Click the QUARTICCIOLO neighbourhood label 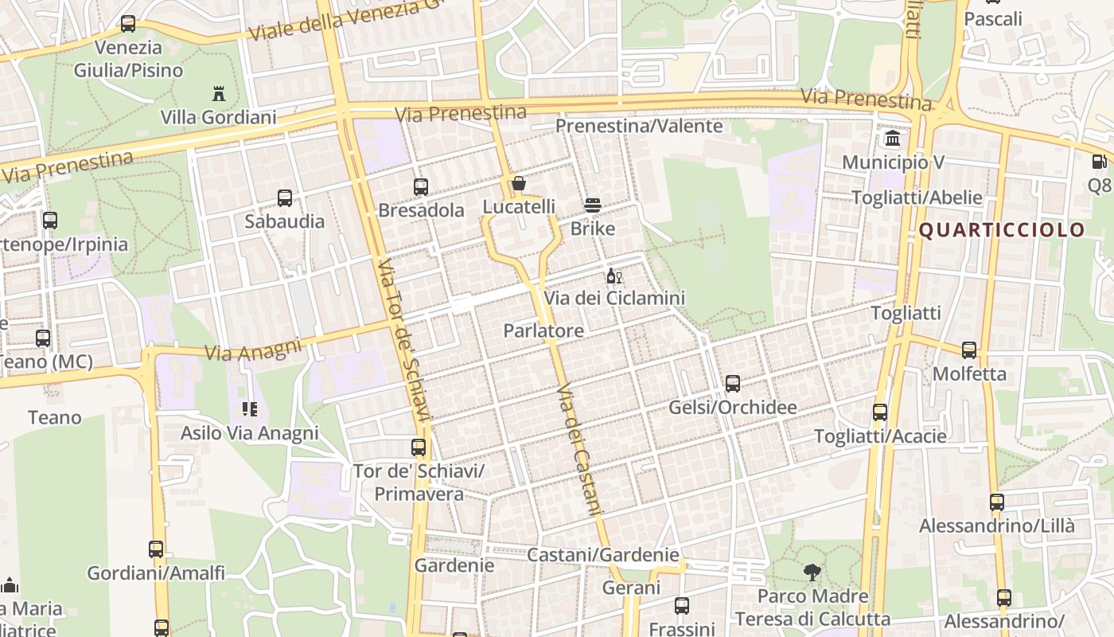pyautogui.click(x=1002, y=230)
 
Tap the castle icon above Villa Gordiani pyautogui.click(x=219, y=94)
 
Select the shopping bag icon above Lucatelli pyautogui.click(x=519, y=184)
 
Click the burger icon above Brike pyautogui.click(x=592, y=205)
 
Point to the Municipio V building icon pyautogui.click(x=893, y=139)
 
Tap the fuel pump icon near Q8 pyautogui.click(x=1099, y=162)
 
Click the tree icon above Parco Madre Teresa pyautogui.click(x=812, y=572)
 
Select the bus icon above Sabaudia pyautogui.click(x=284, y=198)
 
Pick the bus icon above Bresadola pyautogui.click(x=421, y=187)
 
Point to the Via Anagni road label pyautogui.click(x=253, y=350)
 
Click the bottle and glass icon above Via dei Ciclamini pyautogui.click(x=613, y=276)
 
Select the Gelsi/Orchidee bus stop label pyautogui.click(x=732, y=408)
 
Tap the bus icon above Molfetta pyautogui.click(x=969, y=350)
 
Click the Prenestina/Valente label pyautogui.click(x=639, y=126)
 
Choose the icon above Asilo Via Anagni pyautogui.click(x=249, y=409)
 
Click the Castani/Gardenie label pyautogui.click(x=603, y=555)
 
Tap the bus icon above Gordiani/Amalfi pyautogui.click(x=156, y=549)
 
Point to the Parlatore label pyautogui.click(x=543, y=330)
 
